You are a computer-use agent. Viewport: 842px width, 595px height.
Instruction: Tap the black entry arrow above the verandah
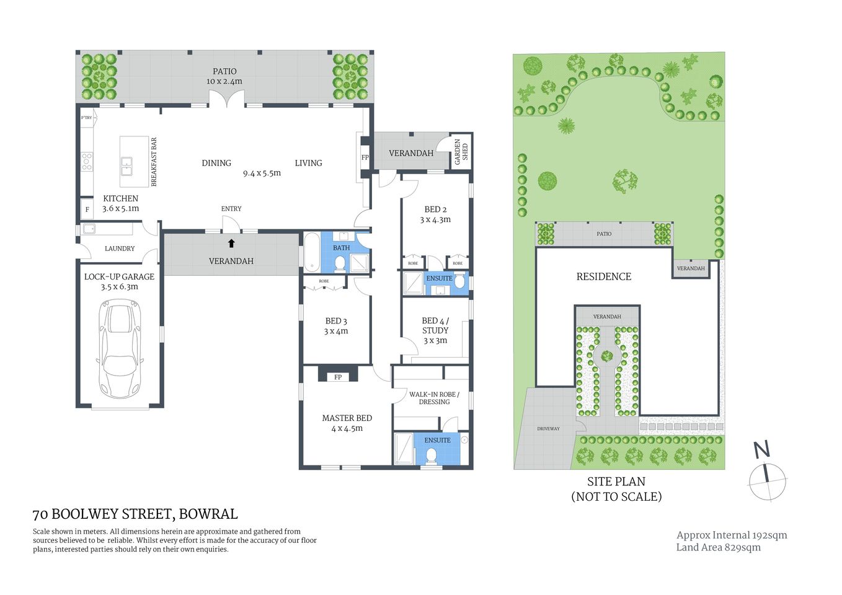pos(231,244)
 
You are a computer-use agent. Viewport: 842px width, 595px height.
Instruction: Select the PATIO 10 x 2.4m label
pos(224,76)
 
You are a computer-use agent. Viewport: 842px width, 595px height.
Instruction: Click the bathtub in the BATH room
pos(311,252)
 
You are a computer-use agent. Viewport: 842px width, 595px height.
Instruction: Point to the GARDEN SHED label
pos(461,151)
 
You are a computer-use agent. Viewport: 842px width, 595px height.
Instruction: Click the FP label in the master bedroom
pos(338,377)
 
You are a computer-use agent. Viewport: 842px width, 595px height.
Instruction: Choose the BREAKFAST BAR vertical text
pos(154,162)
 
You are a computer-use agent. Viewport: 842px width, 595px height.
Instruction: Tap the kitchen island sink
pos(126,165)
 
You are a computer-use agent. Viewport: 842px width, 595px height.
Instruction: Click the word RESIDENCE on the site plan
pos(603,276)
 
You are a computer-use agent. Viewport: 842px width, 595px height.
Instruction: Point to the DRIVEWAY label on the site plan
pos(548,428)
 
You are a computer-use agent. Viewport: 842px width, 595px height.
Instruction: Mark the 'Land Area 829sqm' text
pos(718,547)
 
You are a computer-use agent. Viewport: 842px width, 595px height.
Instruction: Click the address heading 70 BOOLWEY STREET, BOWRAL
pos(135,514)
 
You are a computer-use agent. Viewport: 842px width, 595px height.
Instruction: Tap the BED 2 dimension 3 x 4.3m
pos(435,219)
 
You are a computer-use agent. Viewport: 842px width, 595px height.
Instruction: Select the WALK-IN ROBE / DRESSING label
pos(434,398)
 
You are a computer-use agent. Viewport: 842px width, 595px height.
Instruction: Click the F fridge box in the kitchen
pos(87,209)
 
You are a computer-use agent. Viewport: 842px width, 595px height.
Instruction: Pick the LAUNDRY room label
pos(120,249)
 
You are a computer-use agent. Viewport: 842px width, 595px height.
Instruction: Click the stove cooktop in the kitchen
pos(87,162)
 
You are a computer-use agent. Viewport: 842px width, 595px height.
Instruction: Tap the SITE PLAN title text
pos(616,482)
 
